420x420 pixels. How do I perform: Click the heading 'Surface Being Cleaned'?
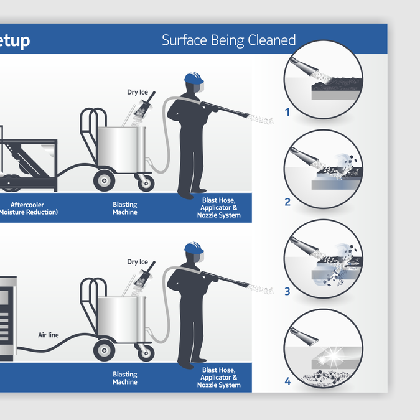tap(228, 40)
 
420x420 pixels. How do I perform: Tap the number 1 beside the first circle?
tap(287, 113)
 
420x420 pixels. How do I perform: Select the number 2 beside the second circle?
tap(287, 202)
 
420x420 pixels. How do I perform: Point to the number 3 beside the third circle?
tap(287, 291)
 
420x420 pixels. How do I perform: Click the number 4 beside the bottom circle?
tap(287, 381)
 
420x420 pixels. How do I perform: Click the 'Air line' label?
tap(49, 335)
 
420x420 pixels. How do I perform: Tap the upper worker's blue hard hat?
tap(194, 80)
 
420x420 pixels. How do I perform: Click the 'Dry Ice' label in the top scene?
tap(137, 93)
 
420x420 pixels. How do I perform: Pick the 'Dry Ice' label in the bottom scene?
tap(137, 262)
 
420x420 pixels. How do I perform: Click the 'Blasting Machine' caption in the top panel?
tap(125, 208)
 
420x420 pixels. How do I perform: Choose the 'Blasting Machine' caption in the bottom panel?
tap(125, 378)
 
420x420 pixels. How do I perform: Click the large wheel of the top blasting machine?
tap(103, 180)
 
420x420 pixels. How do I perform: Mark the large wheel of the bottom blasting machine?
tap(103, 351)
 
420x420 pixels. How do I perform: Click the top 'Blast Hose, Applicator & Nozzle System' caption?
tap(219, 207)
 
